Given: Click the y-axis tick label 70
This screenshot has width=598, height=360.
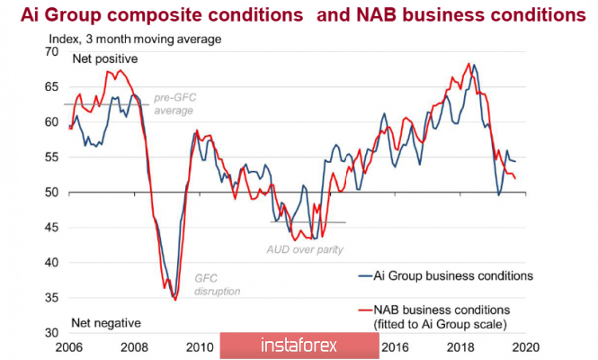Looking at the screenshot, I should coord(52,51).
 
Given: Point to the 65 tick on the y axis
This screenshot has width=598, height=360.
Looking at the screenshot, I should coord(52,86).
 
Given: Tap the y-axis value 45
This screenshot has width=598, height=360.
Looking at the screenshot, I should coord(52,228).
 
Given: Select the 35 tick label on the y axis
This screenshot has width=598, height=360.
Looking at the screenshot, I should coord(52,298).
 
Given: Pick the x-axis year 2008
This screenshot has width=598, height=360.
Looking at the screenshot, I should coord(133,346).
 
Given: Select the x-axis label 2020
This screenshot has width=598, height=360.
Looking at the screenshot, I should coord(526,346).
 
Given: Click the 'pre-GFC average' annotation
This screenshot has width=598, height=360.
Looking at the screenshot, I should coord(174,103).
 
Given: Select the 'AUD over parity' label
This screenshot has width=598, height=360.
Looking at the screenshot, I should coord(305,249).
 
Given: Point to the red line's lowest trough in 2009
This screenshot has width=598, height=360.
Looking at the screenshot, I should coord(175,300).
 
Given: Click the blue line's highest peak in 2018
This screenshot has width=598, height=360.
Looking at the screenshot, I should coord(474,65).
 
